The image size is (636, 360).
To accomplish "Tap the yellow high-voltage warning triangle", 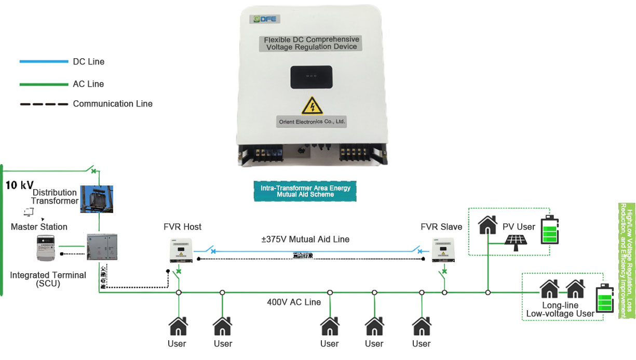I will (x=312, y=105).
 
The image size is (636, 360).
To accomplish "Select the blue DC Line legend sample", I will (x=44, y=62).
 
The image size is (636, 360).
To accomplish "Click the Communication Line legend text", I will (x=113, y=104).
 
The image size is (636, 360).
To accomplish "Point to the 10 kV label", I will (x=20, y=185).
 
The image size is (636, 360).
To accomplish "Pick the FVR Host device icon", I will (x=181, y=250).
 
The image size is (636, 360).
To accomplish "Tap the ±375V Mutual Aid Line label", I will (x=305, y=239).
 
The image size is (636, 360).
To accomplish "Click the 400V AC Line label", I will (x=294, y=302).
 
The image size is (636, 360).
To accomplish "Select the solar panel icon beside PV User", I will (x=517, y=242).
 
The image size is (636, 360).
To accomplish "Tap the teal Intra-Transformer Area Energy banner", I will (x=305, y=191).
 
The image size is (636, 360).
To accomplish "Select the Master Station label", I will (x=39, y=227).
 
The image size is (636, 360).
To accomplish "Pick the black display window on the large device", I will (x=311, y=77).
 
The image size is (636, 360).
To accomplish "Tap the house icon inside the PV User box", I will (x=488, y=224).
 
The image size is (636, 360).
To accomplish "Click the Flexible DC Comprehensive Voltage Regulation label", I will (x=311, y=43).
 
